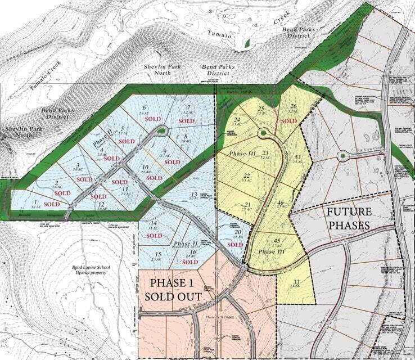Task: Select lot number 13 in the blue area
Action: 193,192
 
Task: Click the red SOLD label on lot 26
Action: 288,121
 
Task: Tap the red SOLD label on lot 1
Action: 52,204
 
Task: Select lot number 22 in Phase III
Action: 246,175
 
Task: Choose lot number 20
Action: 238,232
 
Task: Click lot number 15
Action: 158,254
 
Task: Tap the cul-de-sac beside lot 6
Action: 163,132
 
